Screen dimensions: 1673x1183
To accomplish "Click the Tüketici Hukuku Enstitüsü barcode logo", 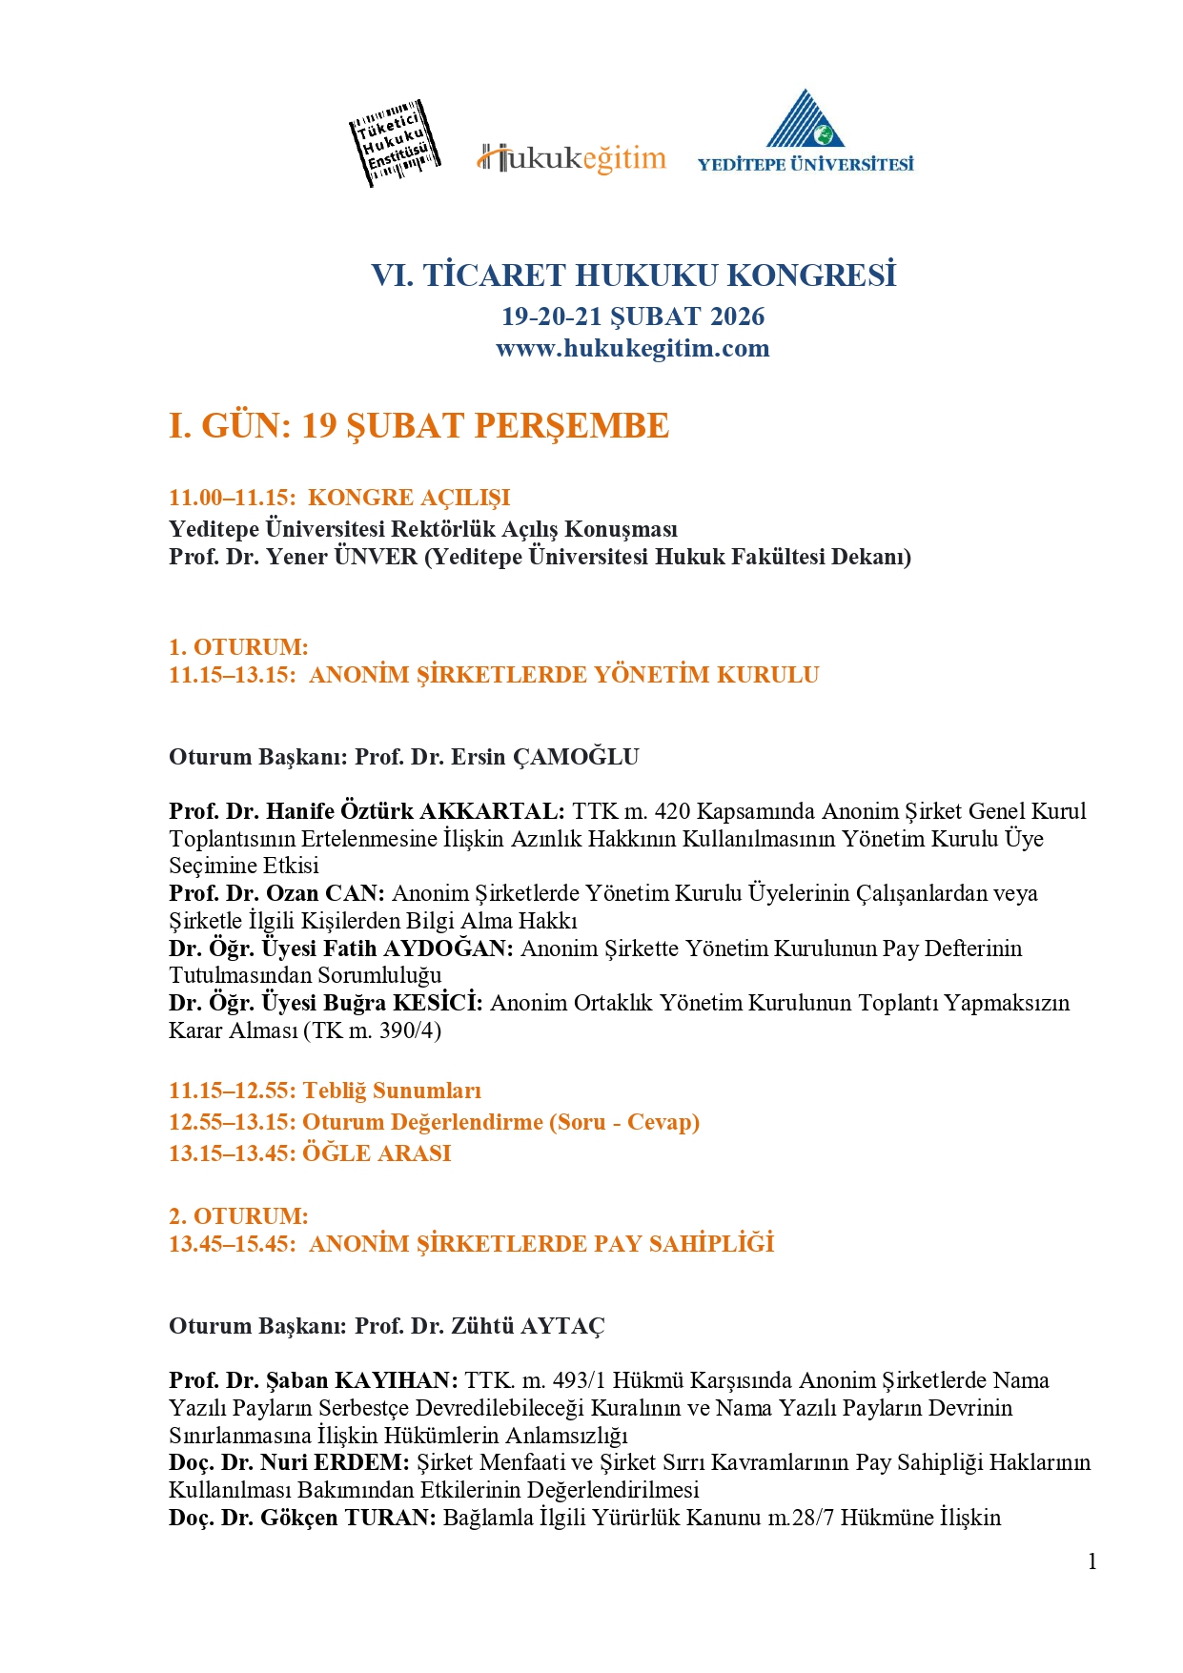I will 395,144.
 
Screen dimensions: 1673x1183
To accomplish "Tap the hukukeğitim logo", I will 571,158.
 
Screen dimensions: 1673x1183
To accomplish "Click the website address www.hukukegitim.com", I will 632,348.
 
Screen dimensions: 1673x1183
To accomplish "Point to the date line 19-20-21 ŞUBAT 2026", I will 633,316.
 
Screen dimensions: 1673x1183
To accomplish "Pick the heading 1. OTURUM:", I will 238,647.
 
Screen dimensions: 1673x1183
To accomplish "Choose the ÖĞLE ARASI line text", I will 377,1153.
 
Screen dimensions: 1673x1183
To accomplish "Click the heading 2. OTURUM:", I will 238,1216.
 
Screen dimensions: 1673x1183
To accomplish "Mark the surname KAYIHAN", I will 397,1380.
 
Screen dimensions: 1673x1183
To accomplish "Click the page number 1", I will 1092,1561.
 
